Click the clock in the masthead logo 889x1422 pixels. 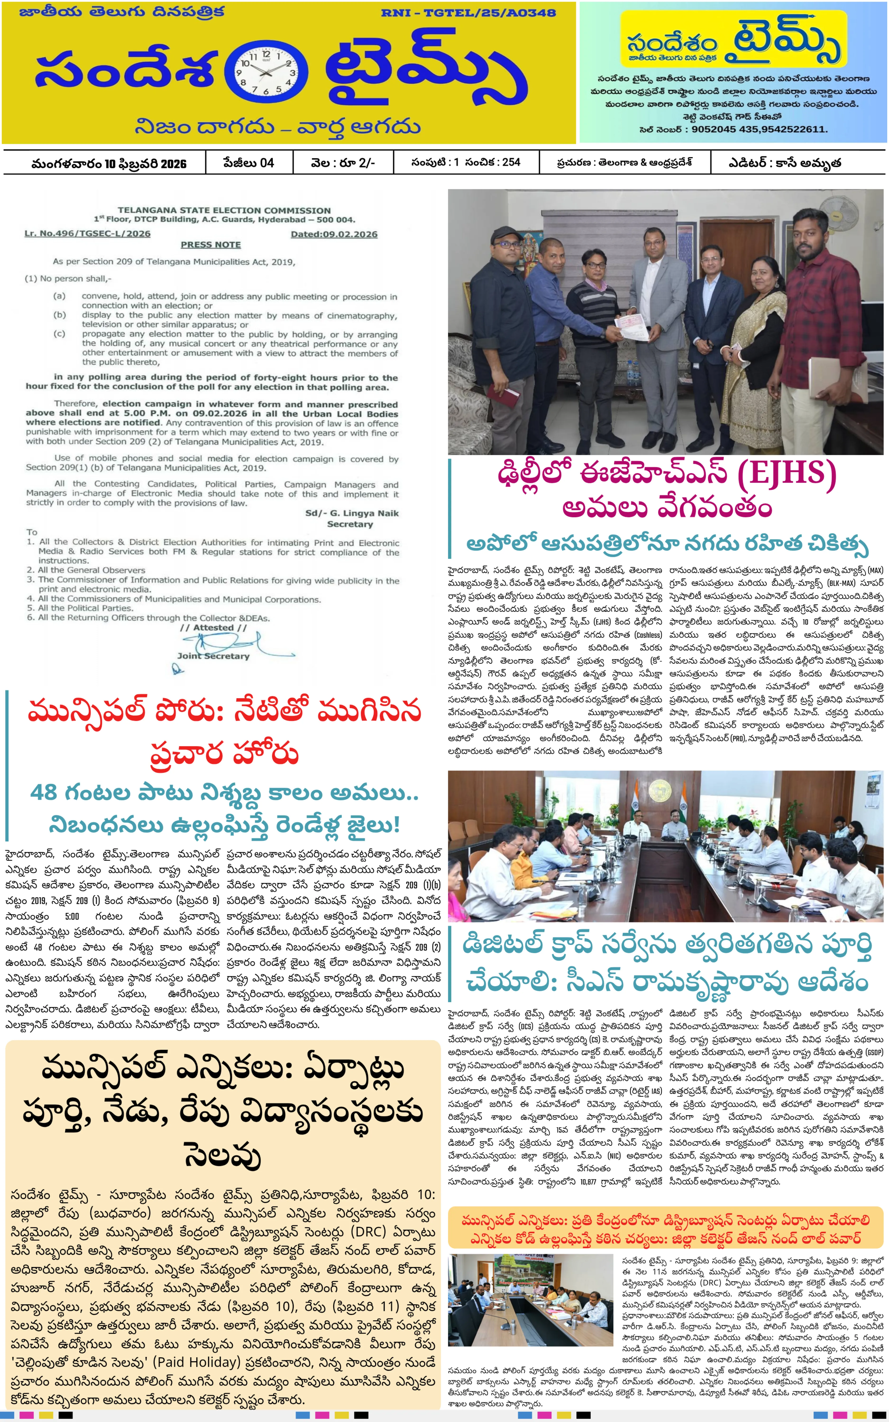click(x=266, y=73)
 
